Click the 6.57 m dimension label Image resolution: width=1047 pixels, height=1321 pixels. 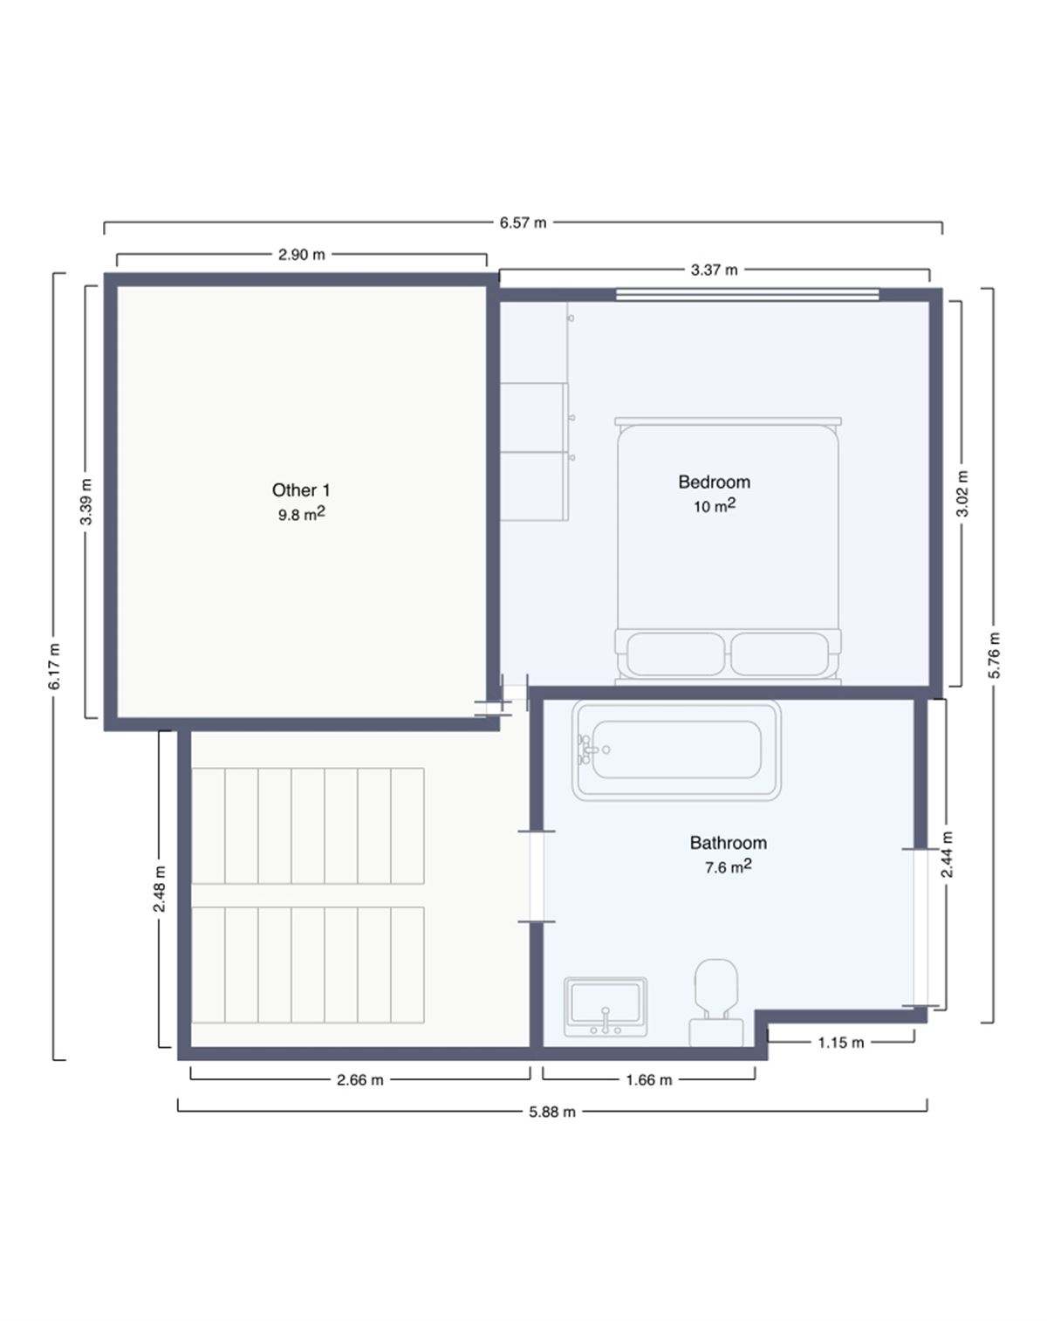tap(523, 222)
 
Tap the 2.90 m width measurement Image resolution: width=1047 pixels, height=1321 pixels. tap(302, 254)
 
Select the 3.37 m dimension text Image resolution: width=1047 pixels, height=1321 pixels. tap(715, 270)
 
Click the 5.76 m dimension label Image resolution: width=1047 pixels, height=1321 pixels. tap(995, 655)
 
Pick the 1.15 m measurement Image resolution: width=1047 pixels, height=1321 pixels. tap(841, 1043)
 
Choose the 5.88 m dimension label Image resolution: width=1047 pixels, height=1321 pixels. tap(552, 1112)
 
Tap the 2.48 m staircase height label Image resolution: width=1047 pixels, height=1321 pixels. tap(160, 888)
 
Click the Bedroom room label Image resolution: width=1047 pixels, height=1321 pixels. tap(715, 482)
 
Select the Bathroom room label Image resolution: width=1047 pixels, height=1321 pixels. tap(729, 843)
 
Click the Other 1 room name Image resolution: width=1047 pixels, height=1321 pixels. tap(301, 489)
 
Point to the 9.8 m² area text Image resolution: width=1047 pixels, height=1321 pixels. tap(301, 514)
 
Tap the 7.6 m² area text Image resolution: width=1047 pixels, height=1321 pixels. tap(729, 866)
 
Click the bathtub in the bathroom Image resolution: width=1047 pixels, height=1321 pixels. tap(676, 750)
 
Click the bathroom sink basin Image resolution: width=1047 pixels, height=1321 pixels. tap(606, 1007)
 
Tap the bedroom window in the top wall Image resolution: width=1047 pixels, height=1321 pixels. tap(748, 295)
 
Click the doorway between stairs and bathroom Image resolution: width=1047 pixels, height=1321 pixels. tap(536, 877)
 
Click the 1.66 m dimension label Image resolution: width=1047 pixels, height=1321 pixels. tap(649, 1080)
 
